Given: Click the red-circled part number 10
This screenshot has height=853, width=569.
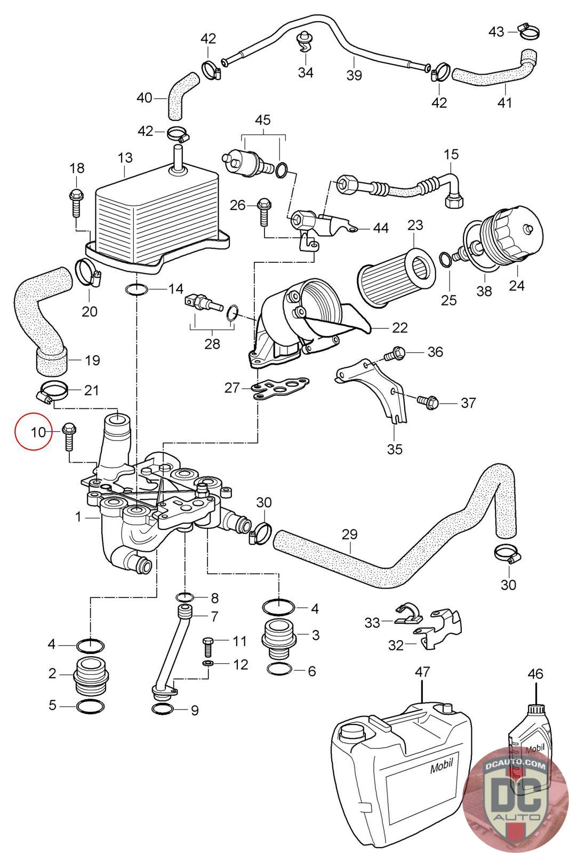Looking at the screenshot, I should (x=38, y=431).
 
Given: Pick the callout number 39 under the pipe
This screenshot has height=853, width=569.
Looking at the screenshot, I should (x=354, y=75).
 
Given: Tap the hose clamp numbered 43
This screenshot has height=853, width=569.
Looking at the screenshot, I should (x=528, y=33).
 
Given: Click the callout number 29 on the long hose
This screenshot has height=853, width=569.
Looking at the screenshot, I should (x=350, y=534).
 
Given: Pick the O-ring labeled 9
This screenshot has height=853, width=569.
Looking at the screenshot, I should (x=163, y=709).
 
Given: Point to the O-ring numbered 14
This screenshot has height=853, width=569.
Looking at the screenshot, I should (x=137, y=289).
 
